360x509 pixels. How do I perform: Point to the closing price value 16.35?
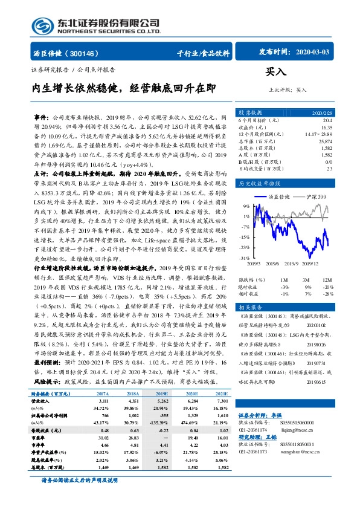pos(326,128)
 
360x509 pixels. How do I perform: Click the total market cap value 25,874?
pos(324,140)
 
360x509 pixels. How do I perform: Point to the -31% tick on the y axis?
pos(244,258)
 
